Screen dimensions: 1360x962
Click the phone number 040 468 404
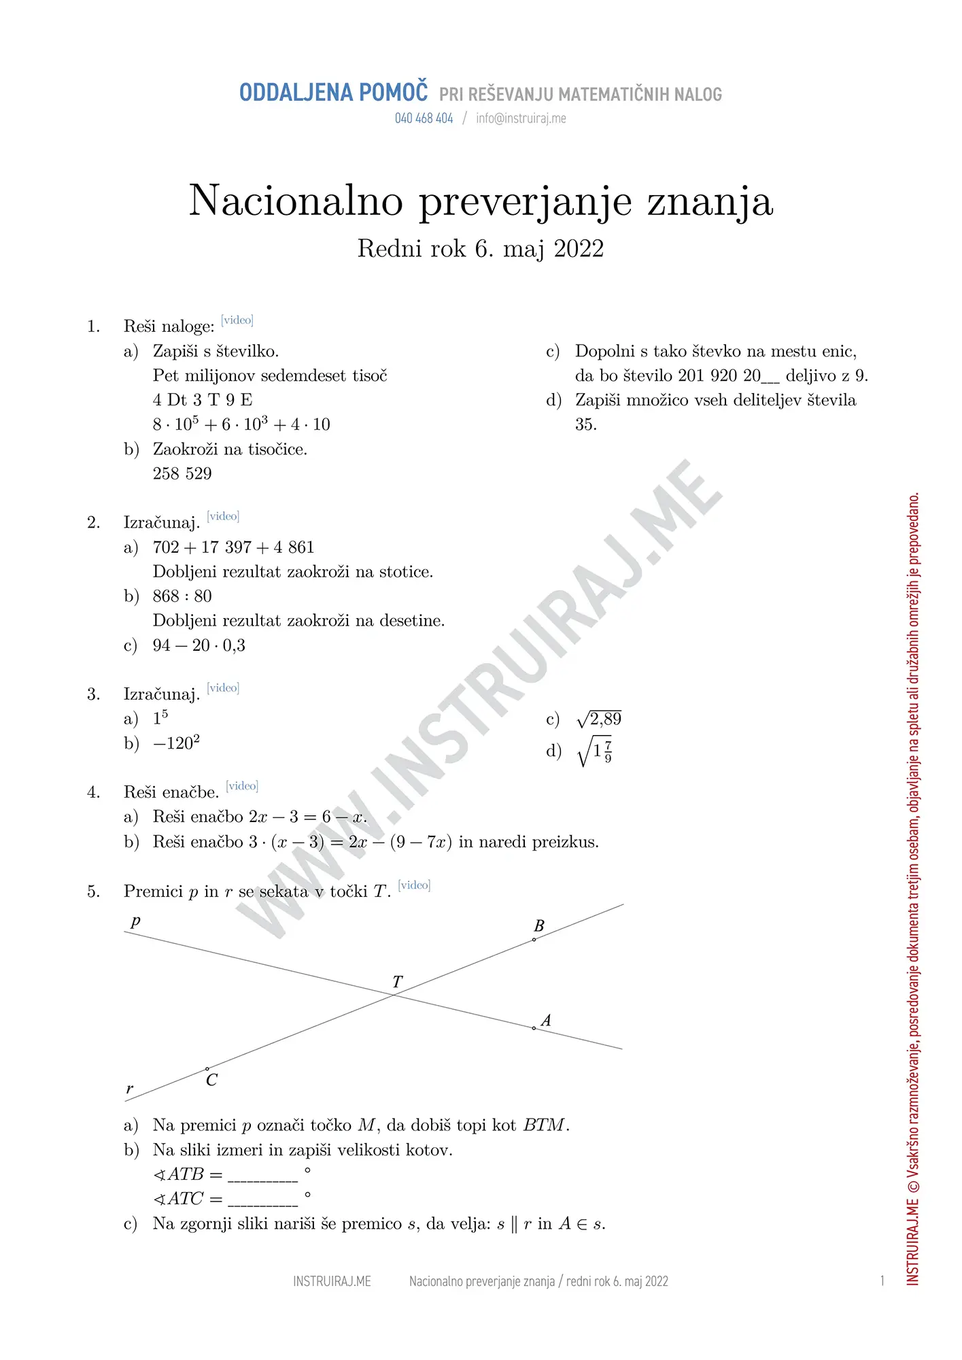click(424, 118)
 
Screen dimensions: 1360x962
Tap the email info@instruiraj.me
click(521, 118)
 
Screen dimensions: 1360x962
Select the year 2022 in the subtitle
click(579, 249)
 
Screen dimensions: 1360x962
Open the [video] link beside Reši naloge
click(237, 320)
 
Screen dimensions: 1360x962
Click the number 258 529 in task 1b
click(182, 473)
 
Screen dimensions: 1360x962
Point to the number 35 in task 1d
click(585, 424)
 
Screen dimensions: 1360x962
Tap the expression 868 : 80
click(182, 596)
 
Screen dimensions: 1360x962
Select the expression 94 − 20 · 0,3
click(199, 645)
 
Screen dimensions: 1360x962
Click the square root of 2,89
click(599, 719)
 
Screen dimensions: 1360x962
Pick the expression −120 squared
click(176, 743)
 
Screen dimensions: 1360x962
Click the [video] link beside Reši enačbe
click(242, 786)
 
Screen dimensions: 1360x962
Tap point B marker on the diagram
click(534, 940)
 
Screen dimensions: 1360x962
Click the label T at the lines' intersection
click(397, 982)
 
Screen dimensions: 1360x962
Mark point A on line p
click(534, 1028)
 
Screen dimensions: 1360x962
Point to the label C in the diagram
click(211, 1081)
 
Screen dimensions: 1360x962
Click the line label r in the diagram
click(130, 1089)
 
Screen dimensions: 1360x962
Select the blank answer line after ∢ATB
click(262, 1176)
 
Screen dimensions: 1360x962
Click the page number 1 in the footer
click(882, 1282)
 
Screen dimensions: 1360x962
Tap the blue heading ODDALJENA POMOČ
click(333, 93)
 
